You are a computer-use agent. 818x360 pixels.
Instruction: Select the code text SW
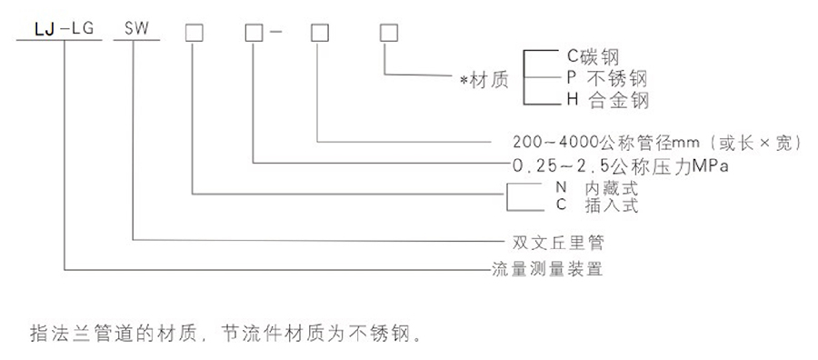135,33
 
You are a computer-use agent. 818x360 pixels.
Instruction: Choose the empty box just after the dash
319,33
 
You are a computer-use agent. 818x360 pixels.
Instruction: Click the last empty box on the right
386,33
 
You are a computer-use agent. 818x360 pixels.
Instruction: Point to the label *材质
484,79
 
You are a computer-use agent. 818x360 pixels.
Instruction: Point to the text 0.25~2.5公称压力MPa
623,166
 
